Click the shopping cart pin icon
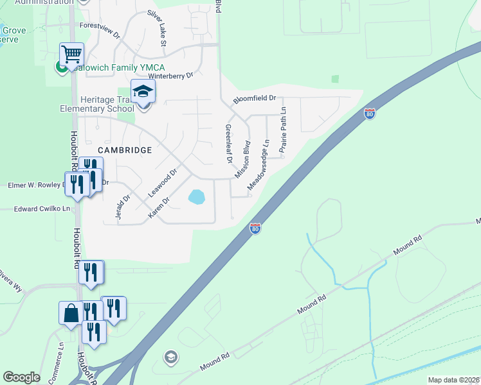pyautogui.click(x=71, y=53)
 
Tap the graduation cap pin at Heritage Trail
pyautogui.click(x=143, y=91)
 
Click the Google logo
pyautogui.click(x=21, y=377)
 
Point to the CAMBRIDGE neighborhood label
pyautogui.click(x=125, y=150)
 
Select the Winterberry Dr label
pyautogui.click(x=171, y=76)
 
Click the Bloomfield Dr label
pyautogui.click(x=254, y=99)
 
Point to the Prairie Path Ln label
pyautogui.click(x=282, y=128)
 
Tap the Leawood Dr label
pyautogui.click(x=162, y=183)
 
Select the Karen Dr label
pyautogui.click(x=159, y=207)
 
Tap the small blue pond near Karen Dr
pyautogui.click(x=196, y=196)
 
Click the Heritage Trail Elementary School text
pyautogui.click(x=107, y=104)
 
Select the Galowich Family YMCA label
pyautogui.click(x=118, y=67)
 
